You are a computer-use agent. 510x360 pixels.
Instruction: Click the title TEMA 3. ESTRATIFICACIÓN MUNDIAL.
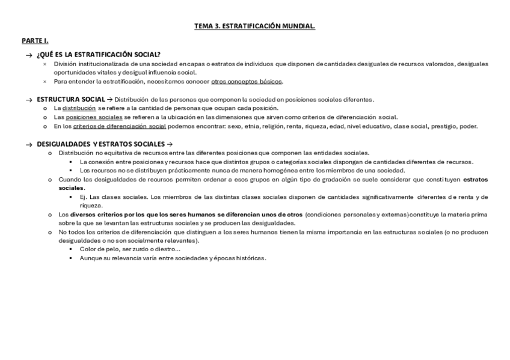(254, 26)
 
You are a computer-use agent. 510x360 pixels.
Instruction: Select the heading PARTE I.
(34, 40)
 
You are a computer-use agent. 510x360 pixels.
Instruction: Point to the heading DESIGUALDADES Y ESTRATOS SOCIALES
(100, 144)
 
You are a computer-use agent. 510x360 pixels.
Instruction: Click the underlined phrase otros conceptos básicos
(246, 82)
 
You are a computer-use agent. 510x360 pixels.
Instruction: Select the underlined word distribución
(79, 108)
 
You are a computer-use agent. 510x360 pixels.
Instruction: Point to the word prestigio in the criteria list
(444, 126)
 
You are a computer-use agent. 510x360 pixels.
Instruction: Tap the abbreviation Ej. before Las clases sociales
(83, 197)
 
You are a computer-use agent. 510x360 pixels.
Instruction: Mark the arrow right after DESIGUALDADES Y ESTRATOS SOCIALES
(169, 144)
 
